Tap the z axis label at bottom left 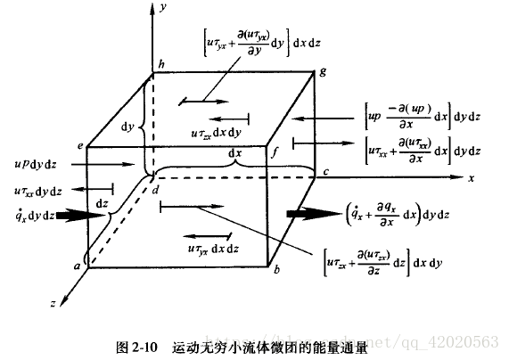(53, 304)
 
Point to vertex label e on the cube (79, 144)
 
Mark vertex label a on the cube (78, 265)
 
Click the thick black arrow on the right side (308, 215)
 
